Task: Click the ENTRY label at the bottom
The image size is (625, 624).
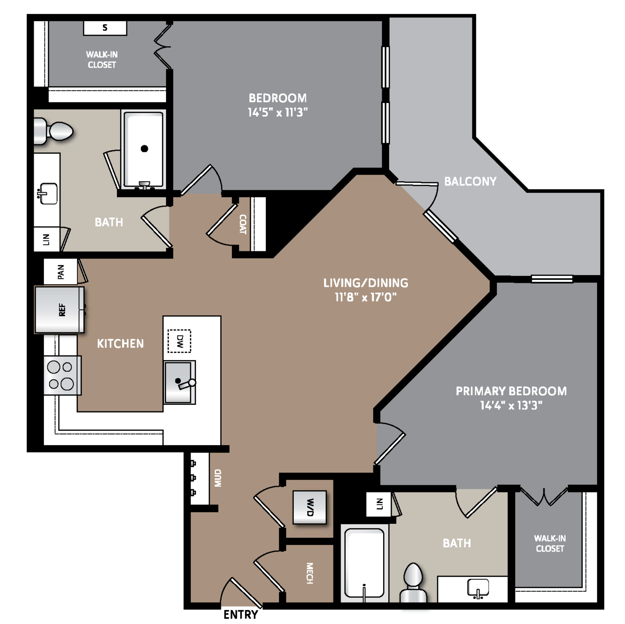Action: [x=240, y=614]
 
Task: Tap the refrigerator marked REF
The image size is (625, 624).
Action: [x=60, y=309]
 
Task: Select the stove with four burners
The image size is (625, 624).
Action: [x=62, y=375]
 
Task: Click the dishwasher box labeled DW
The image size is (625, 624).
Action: [x=179, y=341]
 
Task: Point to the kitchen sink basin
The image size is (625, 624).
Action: [x=179, y=382]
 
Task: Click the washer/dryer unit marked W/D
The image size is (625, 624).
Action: [x=309, y=507]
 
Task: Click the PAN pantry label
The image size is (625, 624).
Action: [x=61, y=272]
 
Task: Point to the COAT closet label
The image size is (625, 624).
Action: [x=243, y=224]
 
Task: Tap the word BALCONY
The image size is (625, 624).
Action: [x=470, y=181]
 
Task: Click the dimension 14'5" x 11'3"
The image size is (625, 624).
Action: [x=277, y=112]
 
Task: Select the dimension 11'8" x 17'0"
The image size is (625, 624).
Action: [x=365, y=297]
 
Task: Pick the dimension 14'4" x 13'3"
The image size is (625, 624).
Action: [x=511, y=405]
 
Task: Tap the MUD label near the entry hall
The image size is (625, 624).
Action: [x=218, y=478]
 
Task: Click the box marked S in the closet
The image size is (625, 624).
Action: [x=105, y=28]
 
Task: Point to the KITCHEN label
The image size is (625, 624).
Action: [x=120, y=344]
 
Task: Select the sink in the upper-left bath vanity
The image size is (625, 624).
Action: [x=48, y=193]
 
